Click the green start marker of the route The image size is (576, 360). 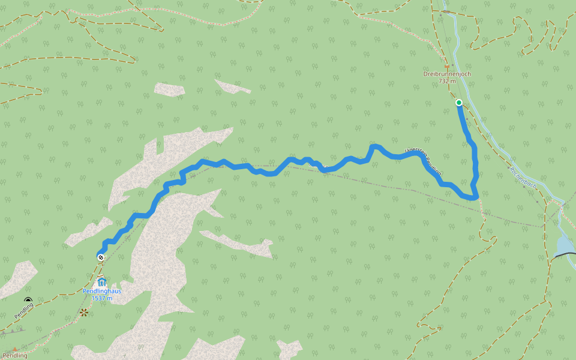point(459,103)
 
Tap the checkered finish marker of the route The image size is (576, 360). point(101,257)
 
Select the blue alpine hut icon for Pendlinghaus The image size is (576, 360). point(101,281)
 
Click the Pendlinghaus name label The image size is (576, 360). point(102,291)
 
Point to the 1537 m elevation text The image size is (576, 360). point(102,298)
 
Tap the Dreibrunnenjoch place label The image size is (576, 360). point(447,74)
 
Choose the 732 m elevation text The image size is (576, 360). point(447,81)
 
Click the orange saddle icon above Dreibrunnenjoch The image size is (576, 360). point(446,67)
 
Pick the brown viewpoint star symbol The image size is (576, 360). point(83,312)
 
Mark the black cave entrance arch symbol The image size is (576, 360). point(28,300)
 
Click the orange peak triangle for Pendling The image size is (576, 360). point(14,349)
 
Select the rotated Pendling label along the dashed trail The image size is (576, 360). point(24,310)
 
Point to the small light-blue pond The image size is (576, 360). point(565,245)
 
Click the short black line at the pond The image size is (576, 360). point(563,256)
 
